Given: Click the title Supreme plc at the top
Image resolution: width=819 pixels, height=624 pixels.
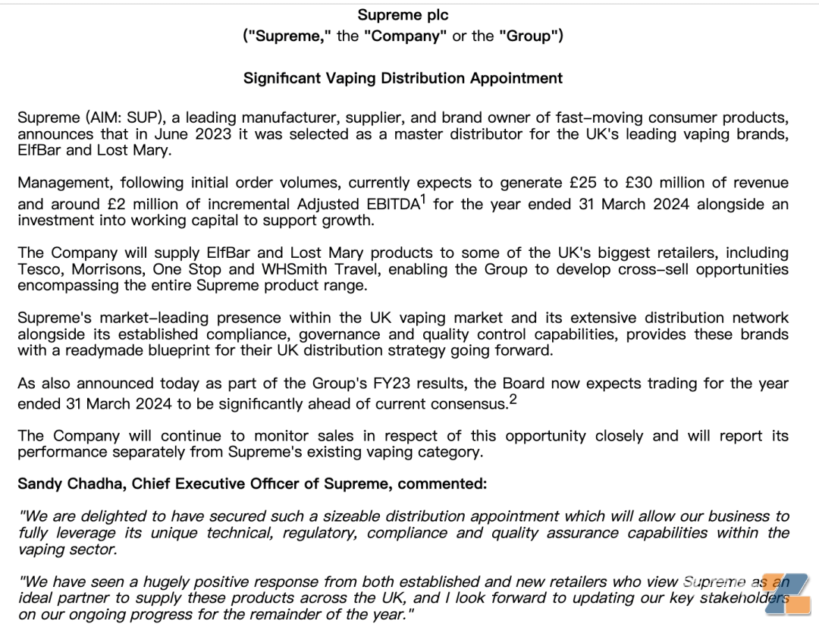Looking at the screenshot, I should click(403, 14).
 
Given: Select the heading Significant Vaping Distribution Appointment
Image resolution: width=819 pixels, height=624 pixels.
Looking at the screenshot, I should click(403, 78).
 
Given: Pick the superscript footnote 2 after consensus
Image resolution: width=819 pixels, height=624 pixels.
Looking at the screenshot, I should click(513, 400).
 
